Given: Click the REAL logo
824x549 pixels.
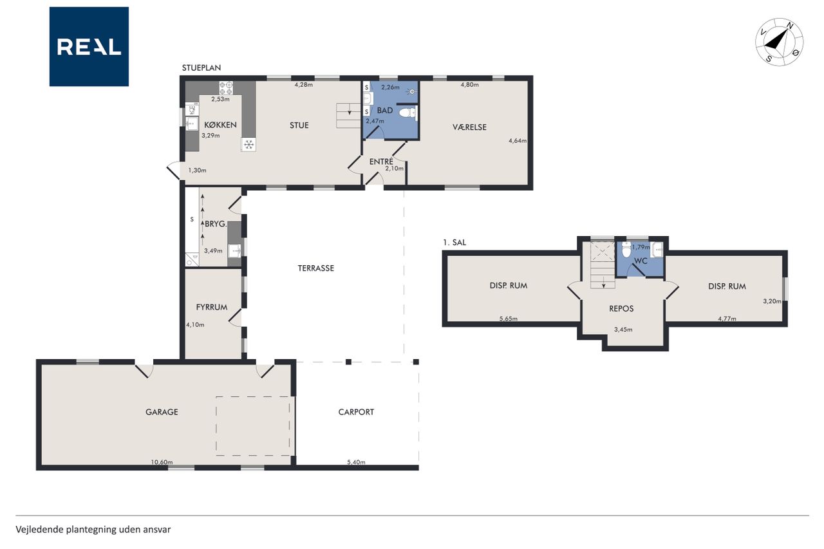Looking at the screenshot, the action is tap(89, 47).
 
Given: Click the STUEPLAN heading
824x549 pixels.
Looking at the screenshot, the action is tap(201, 68).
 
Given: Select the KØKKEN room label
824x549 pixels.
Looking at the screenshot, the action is tap(220, 125).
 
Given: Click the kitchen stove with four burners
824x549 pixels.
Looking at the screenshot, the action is tap(226, 88).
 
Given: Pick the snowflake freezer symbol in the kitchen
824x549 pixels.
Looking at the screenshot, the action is tap(248, 145).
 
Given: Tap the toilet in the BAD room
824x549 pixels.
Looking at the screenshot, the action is tap(407, 113).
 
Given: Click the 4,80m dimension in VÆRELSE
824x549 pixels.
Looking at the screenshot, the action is tap(470, 84).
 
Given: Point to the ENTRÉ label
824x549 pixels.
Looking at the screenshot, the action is tap(381, 162).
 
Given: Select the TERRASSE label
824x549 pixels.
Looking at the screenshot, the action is tap(316, 268).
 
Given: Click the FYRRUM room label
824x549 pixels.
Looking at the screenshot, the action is tap(212, 307).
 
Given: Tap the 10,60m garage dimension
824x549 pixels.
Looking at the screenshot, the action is tap(162, 462).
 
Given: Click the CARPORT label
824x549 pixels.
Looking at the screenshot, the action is tap(356, 412).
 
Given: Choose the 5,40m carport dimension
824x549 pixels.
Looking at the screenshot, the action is tap(356, 462).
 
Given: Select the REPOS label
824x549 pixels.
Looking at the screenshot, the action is tap(621, 308).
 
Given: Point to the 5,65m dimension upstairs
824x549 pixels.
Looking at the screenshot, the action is tap(509, 319).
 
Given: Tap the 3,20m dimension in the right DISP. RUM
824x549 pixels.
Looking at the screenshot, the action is tap(772, 301).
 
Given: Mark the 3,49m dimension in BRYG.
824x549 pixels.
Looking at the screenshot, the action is tap(213, 251).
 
